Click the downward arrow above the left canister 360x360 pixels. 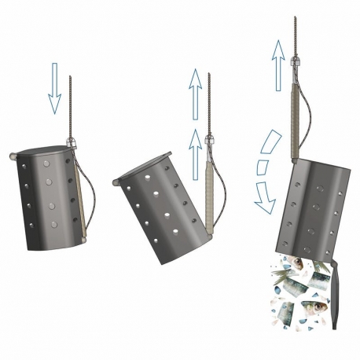[x=54, y=90]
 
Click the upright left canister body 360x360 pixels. [x=47, y=200]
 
